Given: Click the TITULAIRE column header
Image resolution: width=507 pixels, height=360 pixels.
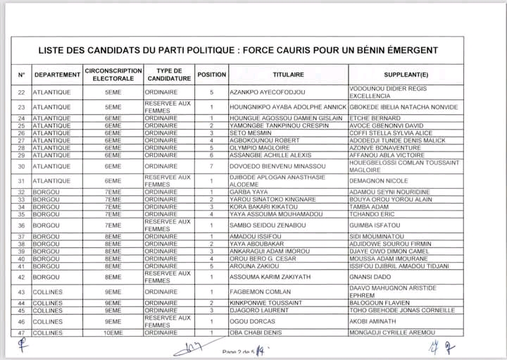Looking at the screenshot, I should (x=288, y=74).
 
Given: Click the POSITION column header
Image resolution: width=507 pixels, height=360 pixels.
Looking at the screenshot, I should (x=211, y=74).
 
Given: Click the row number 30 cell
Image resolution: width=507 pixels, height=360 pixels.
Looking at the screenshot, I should (x=20, y=166).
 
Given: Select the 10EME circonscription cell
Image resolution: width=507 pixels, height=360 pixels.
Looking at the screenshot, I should (x=113, y=333).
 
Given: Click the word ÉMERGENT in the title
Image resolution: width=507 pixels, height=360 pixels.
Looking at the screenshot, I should (x=407, y=50).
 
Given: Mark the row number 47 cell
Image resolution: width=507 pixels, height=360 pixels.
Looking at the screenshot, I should (x=20, y=333).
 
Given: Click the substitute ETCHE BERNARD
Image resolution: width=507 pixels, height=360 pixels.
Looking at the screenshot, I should (x=374, y=118).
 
